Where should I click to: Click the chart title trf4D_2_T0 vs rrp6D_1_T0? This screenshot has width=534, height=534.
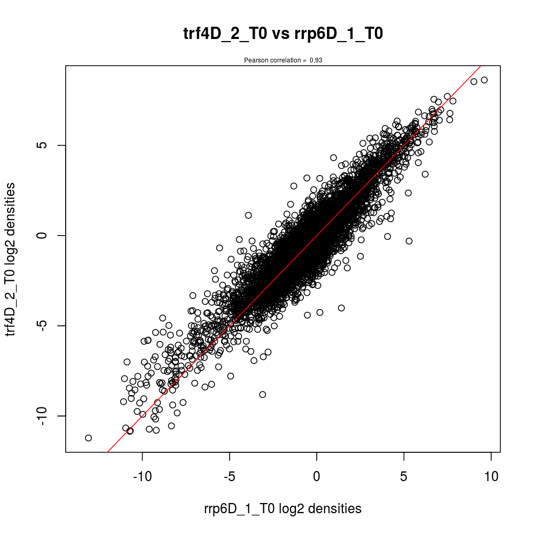pos(283,34)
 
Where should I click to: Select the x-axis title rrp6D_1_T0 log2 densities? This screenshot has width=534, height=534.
pos(283,509)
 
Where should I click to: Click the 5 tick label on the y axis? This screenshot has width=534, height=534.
pos(45,145)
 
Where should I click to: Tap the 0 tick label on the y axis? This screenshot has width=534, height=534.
pos(45,235)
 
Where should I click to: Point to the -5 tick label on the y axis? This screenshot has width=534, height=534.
pos(45,326)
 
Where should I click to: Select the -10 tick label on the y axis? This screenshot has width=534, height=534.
pos(45,416)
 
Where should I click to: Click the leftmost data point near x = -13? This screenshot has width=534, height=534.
pos(89,438)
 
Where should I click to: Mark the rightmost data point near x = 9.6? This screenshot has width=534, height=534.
pos(484,80)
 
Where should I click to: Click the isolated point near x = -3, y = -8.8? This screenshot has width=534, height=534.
pos(262,395)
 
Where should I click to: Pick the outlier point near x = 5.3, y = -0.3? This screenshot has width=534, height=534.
pos(409,241)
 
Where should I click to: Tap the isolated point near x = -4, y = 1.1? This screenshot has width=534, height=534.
pos(248,215)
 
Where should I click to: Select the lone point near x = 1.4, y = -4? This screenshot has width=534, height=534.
pos(341,308)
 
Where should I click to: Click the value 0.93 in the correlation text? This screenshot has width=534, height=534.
pos(316,60)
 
